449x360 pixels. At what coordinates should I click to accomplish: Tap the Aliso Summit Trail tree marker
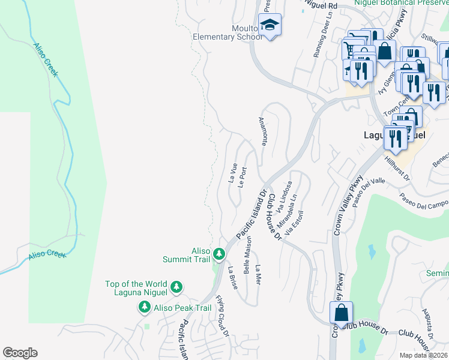pos(220,254)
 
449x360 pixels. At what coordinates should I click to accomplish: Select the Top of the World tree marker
pos(176,287)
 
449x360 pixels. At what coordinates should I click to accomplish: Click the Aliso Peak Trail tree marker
pos(144,307)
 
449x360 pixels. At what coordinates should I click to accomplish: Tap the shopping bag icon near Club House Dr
pos(341,313)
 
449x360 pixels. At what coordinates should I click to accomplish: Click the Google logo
pos(20,353)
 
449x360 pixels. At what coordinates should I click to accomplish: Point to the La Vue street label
pos(234,172)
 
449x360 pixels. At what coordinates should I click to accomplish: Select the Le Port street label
pos(243,177)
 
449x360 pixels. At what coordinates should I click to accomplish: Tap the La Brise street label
pos(232,278)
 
